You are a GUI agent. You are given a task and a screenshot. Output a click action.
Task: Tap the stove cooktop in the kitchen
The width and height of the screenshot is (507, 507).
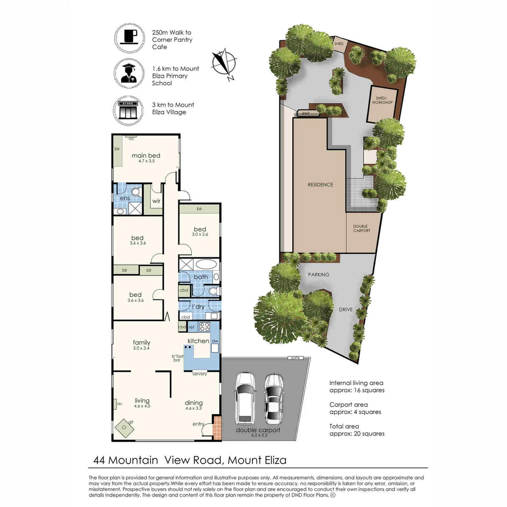[205, 327]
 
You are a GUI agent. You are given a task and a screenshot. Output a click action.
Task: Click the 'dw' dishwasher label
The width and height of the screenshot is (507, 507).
[215, 341]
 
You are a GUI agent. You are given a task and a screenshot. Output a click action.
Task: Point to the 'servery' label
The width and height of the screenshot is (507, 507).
[200, 374]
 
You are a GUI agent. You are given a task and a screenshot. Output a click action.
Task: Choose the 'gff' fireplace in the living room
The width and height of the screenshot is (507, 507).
[125, 427]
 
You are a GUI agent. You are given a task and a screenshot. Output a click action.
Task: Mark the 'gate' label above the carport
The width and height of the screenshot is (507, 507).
[295, 358]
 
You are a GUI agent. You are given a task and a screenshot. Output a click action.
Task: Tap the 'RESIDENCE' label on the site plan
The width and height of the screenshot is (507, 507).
[321, 184]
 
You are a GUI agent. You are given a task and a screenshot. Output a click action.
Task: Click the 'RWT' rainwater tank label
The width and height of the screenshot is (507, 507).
[306, 113]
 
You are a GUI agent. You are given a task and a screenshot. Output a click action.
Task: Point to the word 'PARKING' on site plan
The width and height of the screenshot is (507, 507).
[319, 275]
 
